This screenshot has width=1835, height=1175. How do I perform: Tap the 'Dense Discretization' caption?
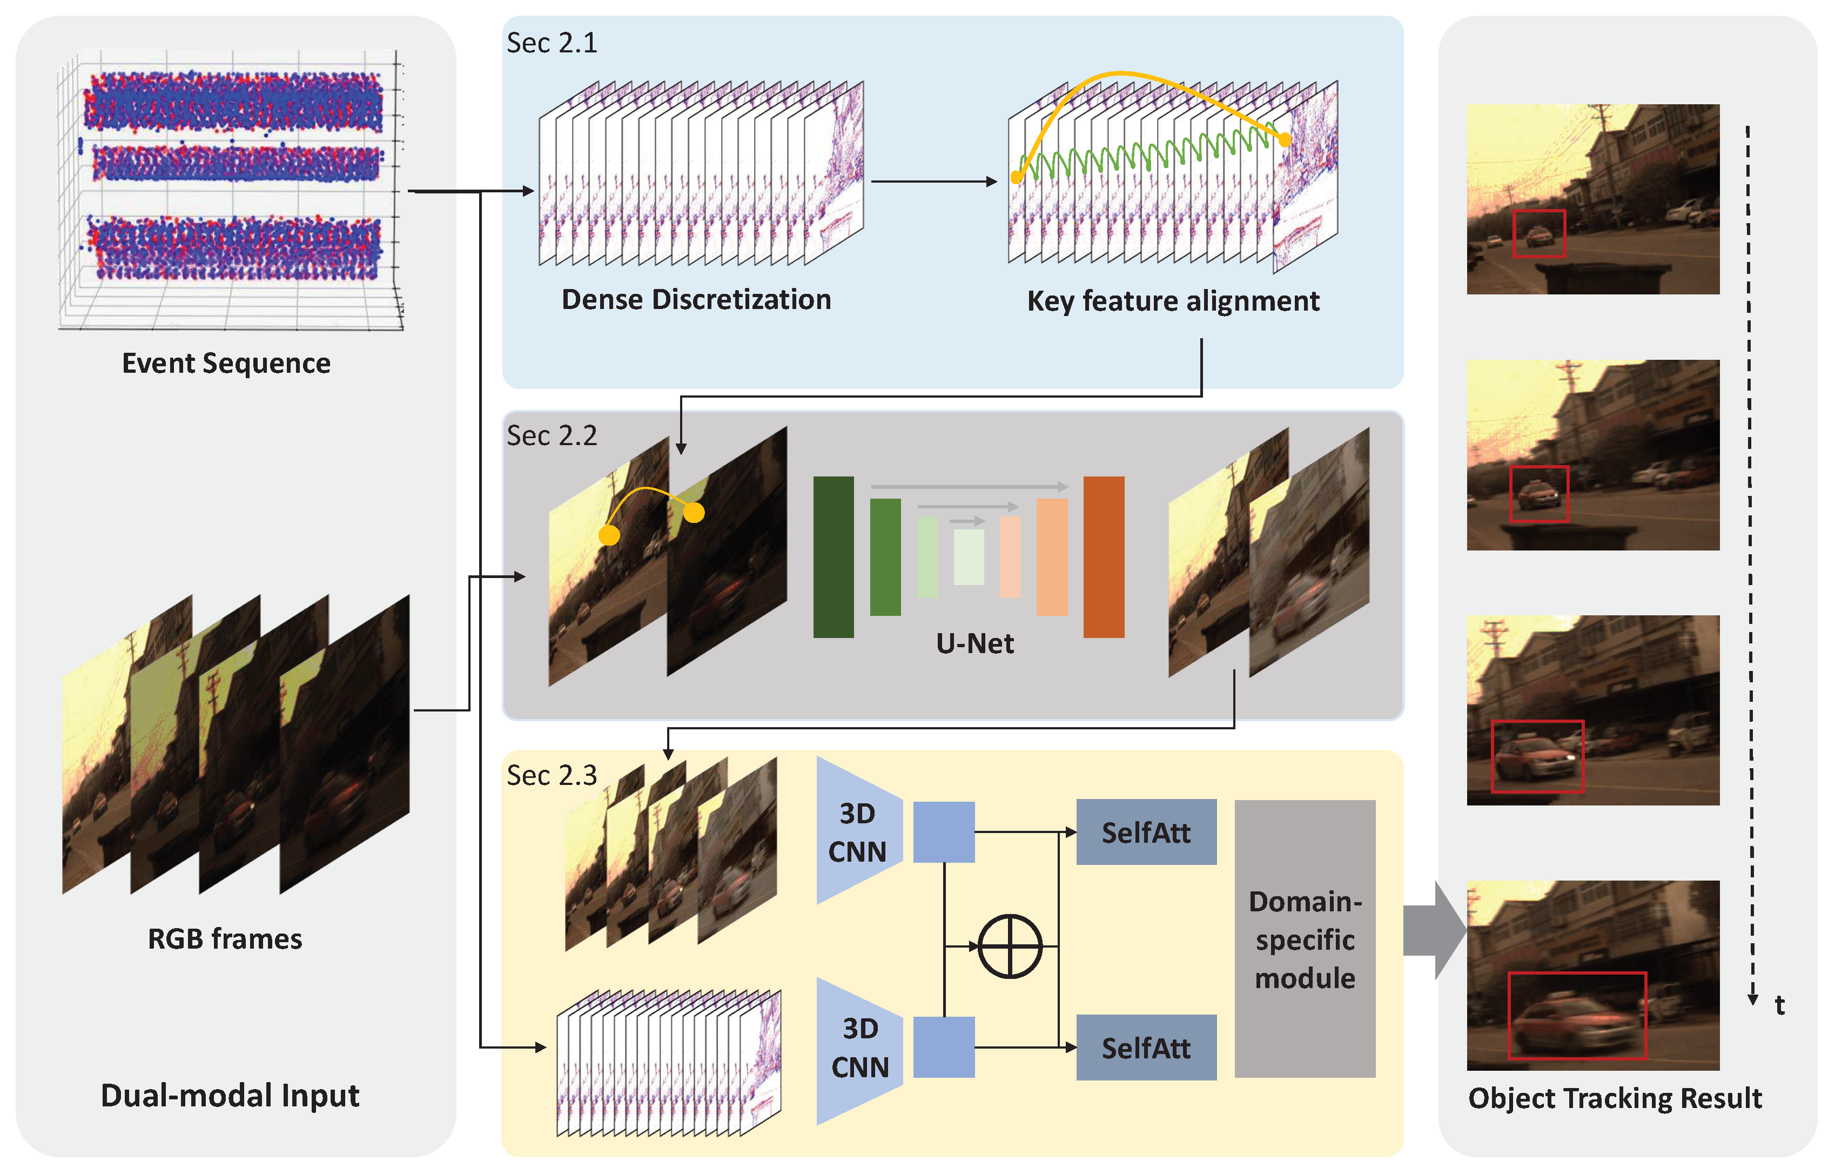point(696,300)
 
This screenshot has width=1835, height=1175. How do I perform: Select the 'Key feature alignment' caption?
point(1172,301)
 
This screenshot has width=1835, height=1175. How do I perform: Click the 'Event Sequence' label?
point(226,363)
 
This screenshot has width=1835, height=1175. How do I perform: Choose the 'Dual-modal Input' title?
point(230,1096)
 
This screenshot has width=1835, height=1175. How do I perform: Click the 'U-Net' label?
point(974,644)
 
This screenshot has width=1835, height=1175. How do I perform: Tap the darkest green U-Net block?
point(833,556)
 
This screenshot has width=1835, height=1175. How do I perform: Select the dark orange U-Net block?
point(1103,556)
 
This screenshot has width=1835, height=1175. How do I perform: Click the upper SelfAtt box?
point(1146,832)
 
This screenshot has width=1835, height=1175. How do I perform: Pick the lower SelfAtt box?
point(1146,1048)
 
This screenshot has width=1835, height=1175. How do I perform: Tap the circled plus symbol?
point(1009,946)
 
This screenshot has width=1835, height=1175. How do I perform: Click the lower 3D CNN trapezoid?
point(859,1050)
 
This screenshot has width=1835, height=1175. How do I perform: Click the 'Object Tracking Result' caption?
point(1615,1098)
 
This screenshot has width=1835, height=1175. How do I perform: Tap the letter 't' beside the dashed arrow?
point(1779,1005)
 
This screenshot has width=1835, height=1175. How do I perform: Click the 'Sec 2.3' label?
point(552,776)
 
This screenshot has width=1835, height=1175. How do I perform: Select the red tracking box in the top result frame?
point(1538,233)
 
